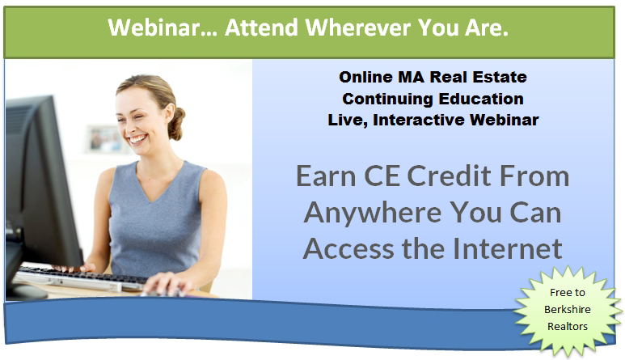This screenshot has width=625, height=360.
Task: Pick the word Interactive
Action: coord(418,120)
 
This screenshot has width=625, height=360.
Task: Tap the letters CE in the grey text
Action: coord(382,176)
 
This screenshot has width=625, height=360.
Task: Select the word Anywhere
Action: coord(374,214)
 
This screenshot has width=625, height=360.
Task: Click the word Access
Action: coord(348,248)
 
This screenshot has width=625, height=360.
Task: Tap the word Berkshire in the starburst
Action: coord(568,309)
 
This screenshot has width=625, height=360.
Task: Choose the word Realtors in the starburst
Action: coord(568,327)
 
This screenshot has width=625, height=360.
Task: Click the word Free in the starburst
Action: coord(558,293)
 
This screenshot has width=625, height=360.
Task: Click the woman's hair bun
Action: coord(176,124)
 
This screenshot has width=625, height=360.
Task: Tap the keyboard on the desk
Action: coord(80,278)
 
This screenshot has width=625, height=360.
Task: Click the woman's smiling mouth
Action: coord(138,139)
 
